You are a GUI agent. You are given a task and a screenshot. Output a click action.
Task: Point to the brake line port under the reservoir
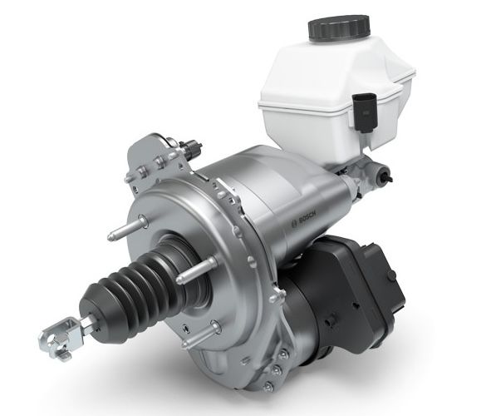382,176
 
